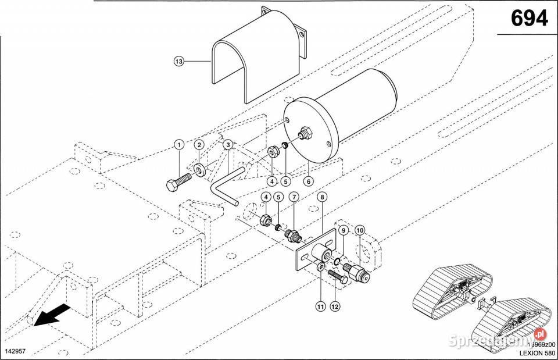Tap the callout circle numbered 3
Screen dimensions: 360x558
(x=228, y=144)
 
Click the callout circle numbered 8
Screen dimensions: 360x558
(x=322, y=197)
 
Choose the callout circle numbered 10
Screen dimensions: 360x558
(x=360, y=231)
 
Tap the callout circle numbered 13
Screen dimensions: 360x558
(x=178, y=60)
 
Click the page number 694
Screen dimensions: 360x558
(x=529, y=19)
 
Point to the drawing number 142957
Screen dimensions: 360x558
(x=16, y=352)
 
